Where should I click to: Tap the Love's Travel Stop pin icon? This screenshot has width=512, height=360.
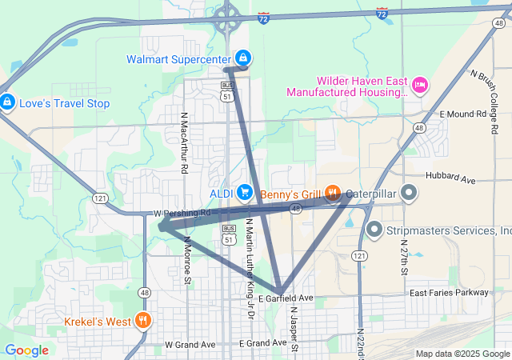point(7,103)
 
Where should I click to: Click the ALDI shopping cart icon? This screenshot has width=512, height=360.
point(245,193)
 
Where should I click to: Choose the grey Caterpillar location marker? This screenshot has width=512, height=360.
point(410,193)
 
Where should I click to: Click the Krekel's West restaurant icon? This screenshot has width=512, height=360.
point(142,322)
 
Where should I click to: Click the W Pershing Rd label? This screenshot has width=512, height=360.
point(182,214)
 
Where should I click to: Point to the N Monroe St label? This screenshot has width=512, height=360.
point(187,260)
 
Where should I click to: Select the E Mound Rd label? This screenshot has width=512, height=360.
point(463,114)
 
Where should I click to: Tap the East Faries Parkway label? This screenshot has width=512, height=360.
point(448,293)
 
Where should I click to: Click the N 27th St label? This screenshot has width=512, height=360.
point(403,257)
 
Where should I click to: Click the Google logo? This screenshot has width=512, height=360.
point(26,350)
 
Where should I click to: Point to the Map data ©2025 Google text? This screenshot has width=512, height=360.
point(462,354)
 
